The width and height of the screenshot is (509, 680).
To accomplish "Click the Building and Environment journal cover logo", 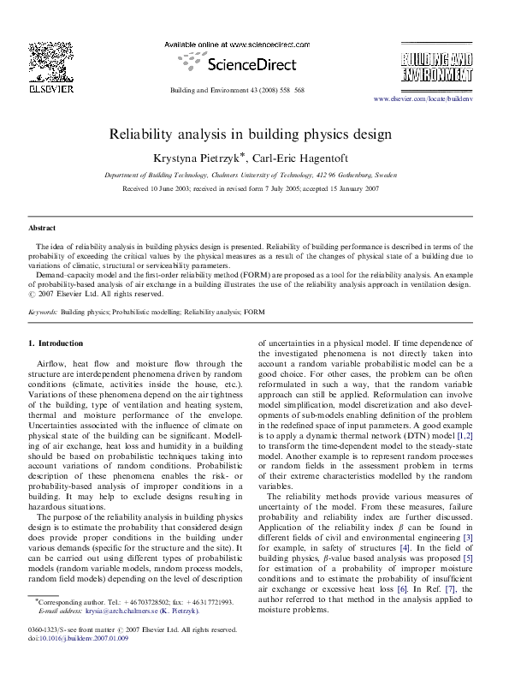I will [x=436, y=66].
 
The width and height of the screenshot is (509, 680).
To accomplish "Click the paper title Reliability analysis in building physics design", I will [x=250, y=134].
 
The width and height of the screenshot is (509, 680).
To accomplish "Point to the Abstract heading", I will [x=42, y=229].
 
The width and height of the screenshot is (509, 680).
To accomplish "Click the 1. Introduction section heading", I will [x=56, y=343].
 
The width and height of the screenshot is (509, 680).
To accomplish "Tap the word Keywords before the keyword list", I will [x=43, y=314].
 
